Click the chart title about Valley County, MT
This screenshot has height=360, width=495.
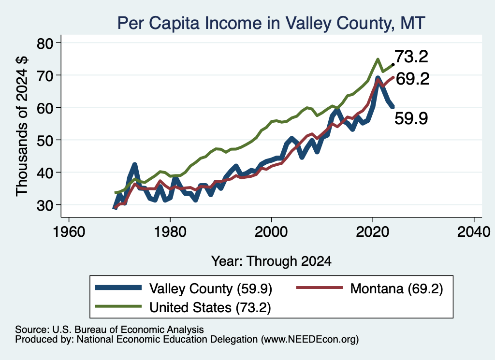coord(271,23)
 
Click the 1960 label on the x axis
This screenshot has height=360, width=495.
coord(69,232)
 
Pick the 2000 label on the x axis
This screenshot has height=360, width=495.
coord(271,232)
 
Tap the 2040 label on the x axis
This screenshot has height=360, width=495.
coord(474,232)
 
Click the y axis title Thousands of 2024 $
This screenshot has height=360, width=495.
coord(22,126)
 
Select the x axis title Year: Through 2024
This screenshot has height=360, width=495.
coord(271,261)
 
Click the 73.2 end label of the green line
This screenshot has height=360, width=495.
coord(411,57)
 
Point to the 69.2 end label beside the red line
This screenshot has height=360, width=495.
coord(413,79)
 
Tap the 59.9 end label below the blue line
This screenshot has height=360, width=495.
coord(411,119)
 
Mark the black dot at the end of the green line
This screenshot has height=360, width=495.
coord(393,64)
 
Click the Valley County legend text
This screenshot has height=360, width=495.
coord(211,288)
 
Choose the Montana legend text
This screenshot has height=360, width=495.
coord(396,288)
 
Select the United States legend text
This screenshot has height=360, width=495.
coord(210,307)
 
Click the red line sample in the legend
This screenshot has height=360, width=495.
coord(319,288)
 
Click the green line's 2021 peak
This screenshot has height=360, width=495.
coord(378,59)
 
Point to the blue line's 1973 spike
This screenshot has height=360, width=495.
coord(135,165)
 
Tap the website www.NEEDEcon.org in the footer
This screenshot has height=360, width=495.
coord(309,340)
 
